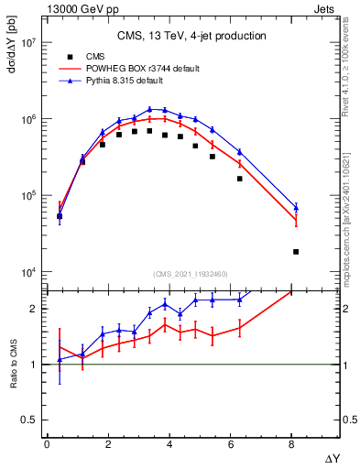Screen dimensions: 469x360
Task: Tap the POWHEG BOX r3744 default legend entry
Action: (x=129, y=69)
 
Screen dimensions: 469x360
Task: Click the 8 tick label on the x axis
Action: (x=291, y=444)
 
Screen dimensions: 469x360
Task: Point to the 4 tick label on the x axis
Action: (x=169, y=444)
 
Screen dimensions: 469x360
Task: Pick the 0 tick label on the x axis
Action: (x=47, y=444)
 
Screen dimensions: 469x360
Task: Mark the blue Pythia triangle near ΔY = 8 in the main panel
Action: (x=296, y=207)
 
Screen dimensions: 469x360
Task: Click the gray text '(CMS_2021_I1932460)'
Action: (x=191, y=275)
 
